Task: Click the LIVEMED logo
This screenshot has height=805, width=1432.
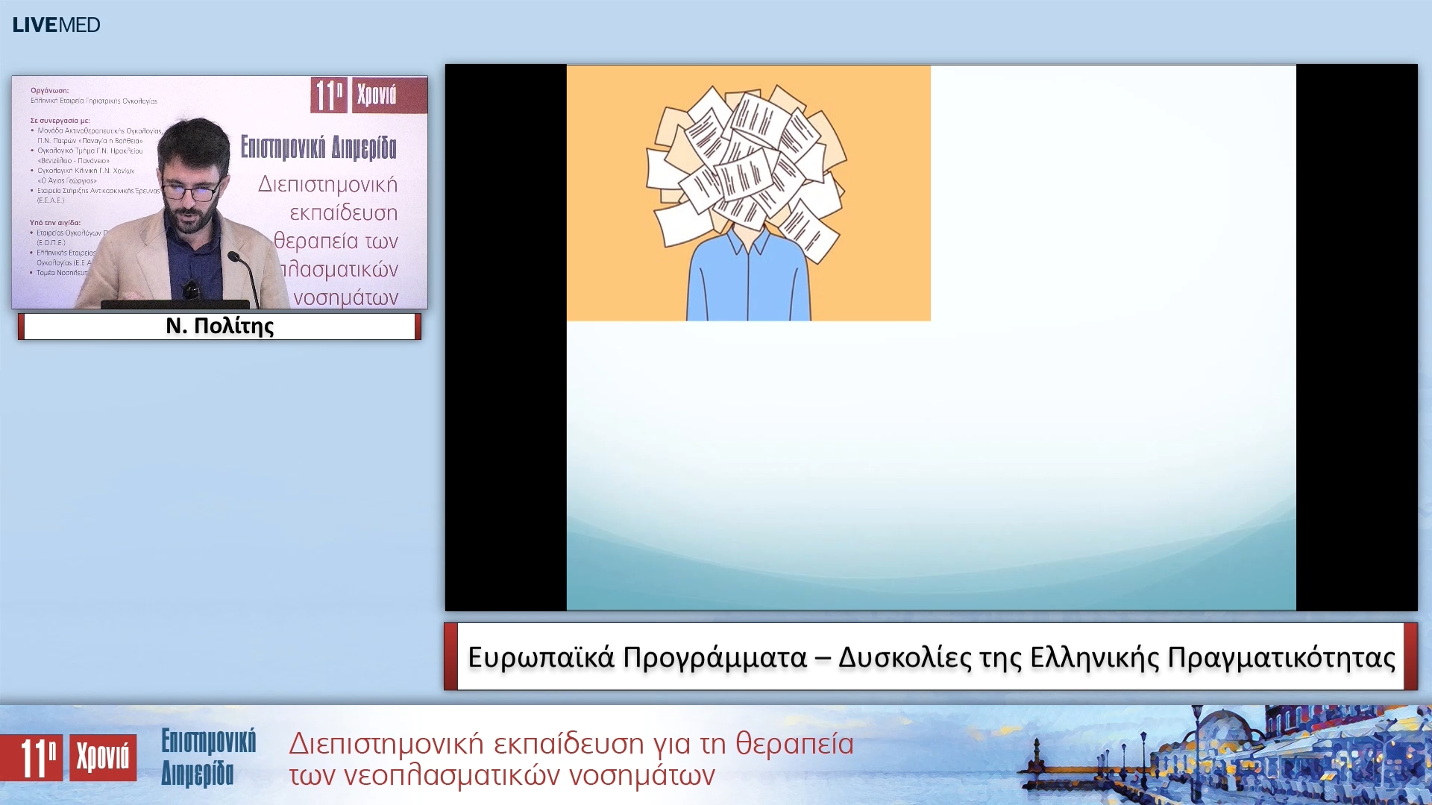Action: point(56,25)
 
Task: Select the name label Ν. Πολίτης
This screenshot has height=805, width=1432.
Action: point(219,326)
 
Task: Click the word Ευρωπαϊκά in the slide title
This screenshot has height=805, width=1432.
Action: point(541,657)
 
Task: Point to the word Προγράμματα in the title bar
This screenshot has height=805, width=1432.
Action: point(715,657)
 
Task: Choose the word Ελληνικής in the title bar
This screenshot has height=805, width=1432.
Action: point(1094,657)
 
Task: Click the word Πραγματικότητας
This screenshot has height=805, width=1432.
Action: point(1281,657)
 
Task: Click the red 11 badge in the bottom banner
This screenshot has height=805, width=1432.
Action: point(32,758)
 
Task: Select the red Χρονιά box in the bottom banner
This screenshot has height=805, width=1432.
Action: point(103,758)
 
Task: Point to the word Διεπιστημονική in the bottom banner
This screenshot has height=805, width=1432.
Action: point(387,744)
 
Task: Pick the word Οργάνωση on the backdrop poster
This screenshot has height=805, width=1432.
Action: point(49,91)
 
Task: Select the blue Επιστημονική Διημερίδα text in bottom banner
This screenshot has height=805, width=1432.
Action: point(208,757)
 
